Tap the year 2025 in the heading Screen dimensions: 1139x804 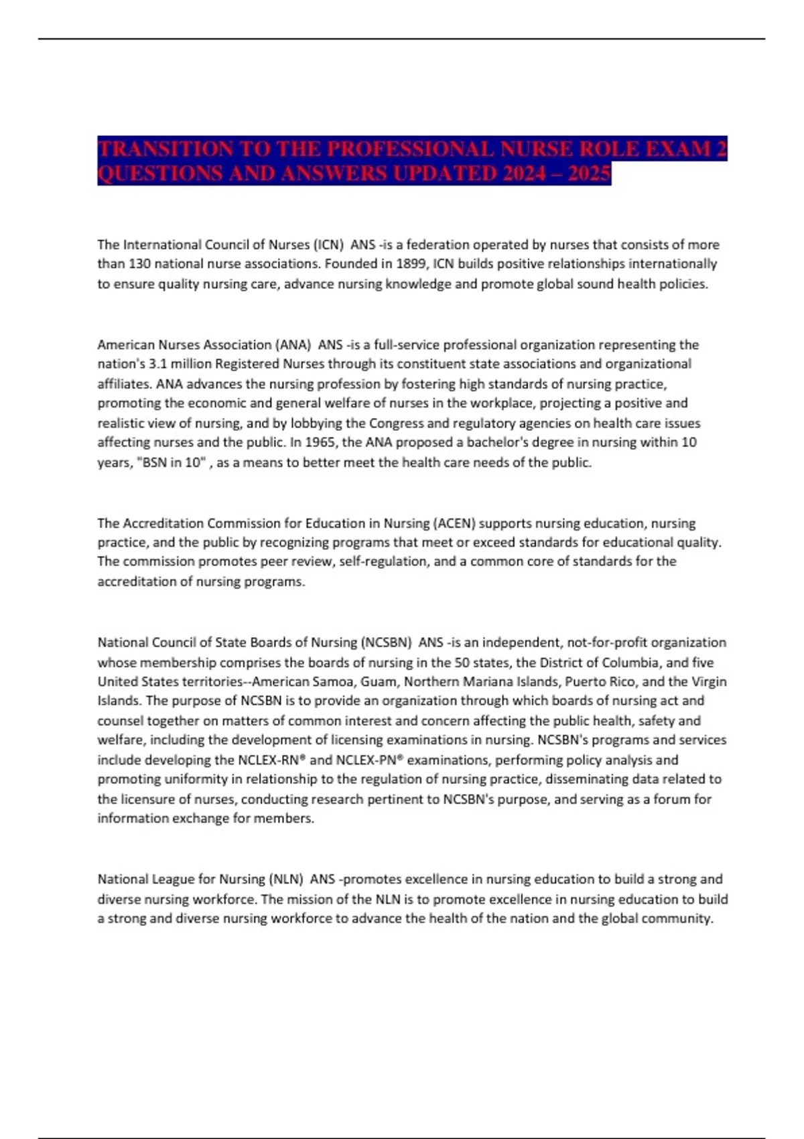(589, 174)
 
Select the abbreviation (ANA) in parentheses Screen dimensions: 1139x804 (293, 344)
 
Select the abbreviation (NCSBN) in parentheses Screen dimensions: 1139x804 (387, 643)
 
